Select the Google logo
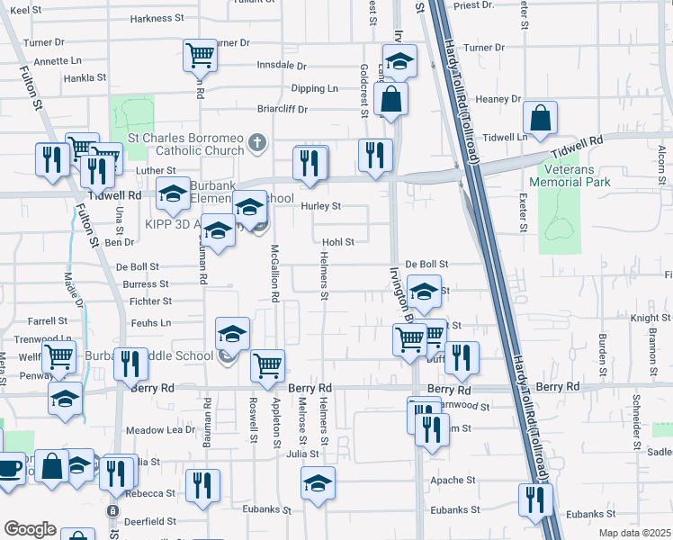30,529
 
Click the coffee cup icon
8,468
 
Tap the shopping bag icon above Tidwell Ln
540,118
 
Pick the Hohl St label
339,241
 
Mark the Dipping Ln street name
314,88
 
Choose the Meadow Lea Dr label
160,429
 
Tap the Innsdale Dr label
282,66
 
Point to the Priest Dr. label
474,5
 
